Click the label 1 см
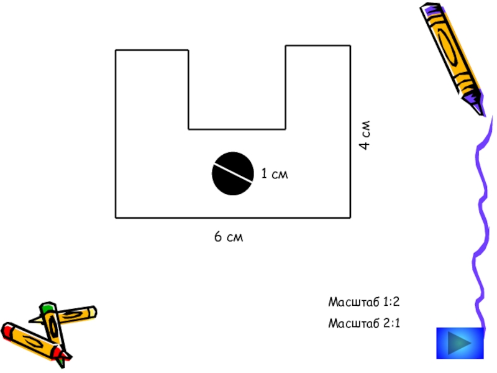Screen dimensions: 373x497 pos(274,174)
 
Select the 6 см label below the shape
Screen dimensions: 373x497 pos(229,237)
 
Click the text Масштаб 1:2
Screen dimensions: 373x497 pos(363,302)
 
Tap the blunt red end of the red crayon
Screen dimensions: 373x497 pos(7,330)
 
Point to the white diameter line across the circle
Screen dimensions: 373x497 pos(233,172)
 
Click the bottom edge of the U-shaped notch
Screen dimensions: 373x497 pos(237,129)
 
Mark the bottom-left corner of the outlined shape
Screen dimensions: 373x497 pos(116,218)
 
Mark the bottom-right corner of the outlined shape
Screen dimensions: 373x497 pos(350,218)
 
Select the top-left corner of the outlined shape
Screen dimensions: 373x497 pos(116,50)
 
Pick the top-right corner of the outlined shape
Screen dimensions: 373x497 pos(350,45)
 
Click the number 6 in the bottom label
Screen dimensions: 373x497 pos(218,237)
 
